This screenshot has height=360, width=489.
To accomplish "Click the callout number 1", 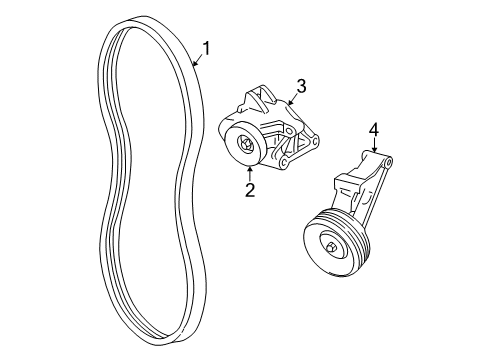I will coord(207,47).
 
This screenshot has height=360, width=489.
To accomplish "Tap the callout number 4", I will coord(373,129).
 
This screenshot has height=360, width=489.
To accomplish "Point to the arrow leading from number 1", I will coord(196,58).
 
